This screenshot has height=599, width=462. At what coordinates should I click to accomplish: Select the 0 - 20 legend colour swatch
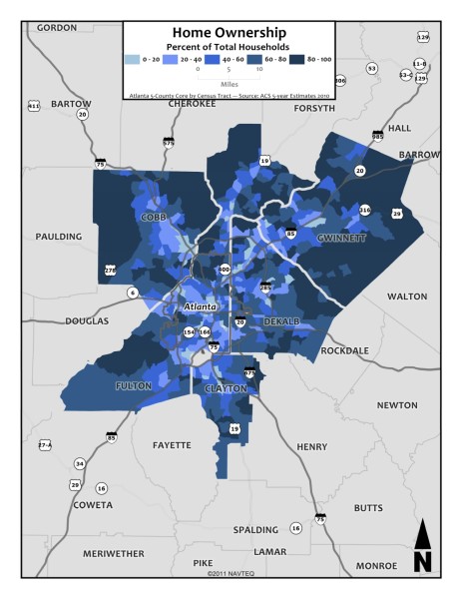pyautogui.click(x=135, y=61)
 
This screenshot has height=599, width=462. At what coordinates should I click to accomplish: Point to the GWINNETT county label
pyautogui.click(x=340, y=239)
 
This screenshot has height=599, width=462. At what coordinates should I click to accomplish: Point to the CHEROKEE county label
pyautogui.click(x=192, y=103)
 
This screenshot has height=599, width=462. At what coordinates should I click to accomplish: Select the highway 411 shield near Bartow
pyautogui.click(x=33, y=105)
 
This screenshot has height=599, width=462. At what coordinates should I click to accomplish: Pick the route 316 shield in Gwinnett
pyautogui.click(x=365, y=210)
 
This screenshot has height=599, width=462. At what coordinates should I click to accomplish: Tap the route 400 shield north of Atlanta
pyautogui.click(x=224, y=270)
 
